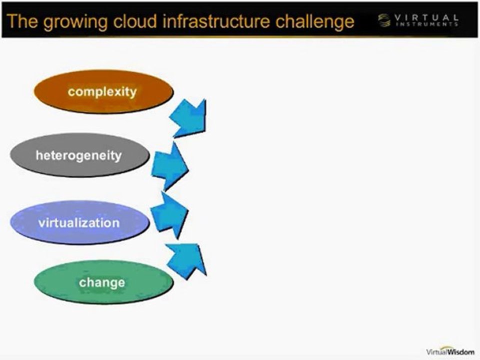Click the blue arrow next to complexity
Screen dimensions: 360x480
click(189, 117)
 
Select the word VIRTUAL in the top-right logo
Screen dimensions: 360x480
click(426, 17)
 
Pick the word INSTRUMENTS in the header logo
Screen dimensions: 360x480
click(426, 24)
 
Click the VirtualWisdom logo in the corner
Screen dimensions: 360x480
click(450, 351)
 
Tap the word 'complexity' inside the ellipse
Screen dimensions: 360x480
click(102, 92)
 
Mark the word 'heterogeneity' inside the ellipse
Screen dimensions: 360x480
click(78, 155)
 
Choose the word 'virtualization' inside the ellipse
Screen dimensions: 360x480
click(79, 222)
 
